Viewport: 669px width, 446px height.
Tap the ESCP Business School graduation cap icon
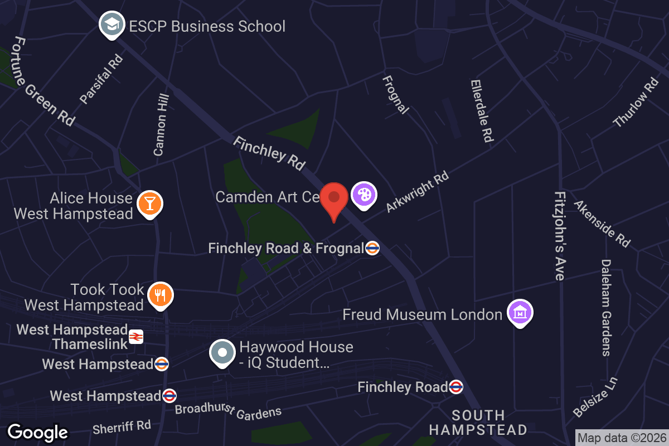(111, 25)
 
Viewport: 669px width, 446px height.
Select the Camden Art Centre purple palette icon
(363, 195)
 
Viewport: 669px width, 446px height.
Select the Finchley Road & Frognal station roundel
(372, 248)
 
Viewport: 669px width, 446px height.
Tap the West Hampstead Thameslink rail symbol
(136, 336)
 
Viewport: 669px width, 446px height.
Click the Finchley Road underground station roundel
(456, 386)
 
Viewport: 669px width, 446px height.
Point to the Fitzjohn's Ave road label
(560, 236)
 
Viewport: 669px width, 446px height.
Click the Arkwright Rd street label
(418, 192)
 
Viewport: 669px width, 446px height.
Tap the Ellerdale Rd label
(482, 110)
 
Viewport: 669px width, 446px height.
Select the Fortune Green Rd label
(43, 81)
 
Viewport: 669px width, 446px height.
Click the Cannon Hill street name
(161, 124)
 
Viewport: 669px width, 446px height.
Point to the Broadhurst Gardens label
(228, 410)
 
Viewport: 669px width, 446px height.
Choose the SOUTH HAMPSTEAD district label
(478, 423)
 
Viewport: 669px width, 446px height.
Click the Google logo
(38, 432)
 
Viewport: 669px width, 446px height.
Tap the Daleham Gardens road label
(606, 307)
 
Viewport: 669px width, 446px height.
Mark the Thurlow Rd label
(636, 102)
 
